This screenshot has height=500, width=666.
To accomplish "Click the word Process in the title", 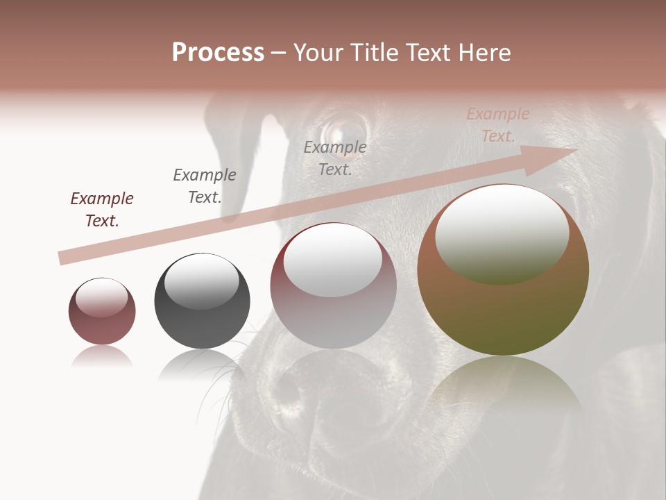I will pyautogui.click(x=218, y=52).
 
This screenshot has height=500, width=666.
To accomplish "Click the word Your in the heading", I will pyautogui.click(x=316, y=52).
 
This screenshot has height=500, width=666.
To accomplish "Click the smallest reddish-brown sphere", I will pyautogui.click(x=102, y=311).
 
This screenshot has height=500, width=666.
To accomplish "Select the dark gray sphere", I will pyautogui.click(x=202, y=301).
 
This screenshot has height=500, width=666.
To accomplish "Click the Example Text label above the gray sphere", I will pyautogui.click(x=205, y=186).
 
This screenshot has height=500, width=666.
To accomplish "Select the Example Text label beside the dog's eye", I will pyautogui.click(x=335, y=158).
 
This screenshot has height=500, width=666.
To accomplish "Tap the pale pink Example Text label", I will pyautogui.click(x=497, y=125).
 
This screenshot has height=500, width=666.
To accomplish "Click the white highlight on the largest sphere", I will pyautogui.click(x=502, y=235).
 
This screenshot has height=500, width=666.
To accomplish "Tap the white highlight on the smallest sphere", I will pyautogui.click(x=101, y=298).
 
